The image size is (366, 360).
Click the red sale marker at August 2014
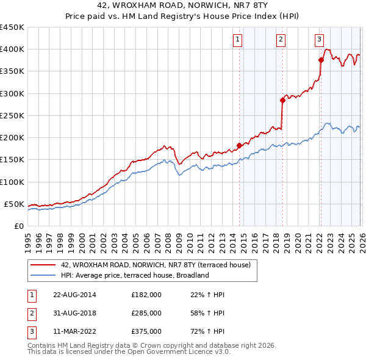(x=239, y=146)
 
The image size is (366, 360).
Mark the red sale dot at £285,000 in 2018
(x=283, y=100)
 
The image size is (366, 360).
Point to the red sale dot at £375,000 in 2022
(x=321, y=60)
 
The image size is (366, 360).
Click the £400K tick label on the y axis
(x=12, y=49)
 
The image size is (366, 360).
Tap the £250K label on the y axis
(x=12, y=115)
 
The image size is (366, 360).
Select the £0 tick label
(x=18, y=226)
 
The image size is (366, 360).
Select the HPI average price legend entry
(x=135, y=275)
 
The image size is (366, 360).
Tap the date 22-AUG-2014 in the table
(x=75, y=295)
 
